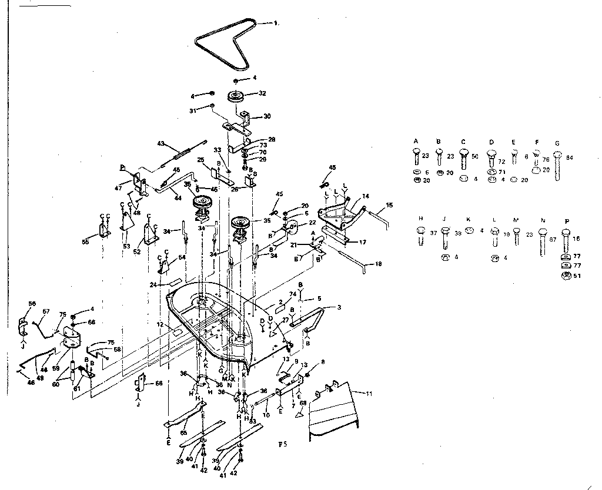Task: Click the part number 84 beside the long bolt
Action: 569,157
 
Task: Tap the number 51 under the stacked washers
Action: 577,276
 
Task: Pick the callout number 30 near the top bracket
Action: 267,116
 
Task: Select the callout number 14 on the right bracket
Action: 365,196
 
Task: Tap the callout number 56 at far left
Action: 32,303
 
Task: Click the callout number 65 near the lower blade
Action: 183,432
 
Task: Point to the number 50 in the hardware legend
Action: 475,157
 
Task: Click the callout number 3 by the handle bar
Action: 339,307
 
